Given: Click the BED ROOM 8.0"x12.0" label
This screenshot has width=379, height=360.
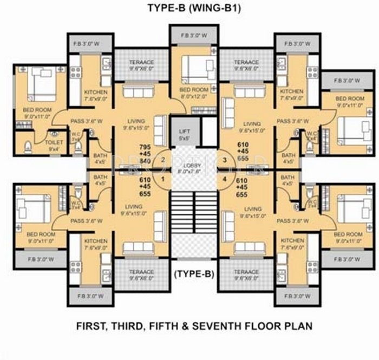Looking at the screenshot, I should point(193,92).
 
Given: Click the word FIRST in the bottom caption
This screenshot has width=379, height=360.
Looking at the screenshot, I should point(89,327).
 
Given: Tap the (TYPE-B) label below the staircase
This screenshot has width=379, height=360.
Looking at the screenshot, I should point(193,274).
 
